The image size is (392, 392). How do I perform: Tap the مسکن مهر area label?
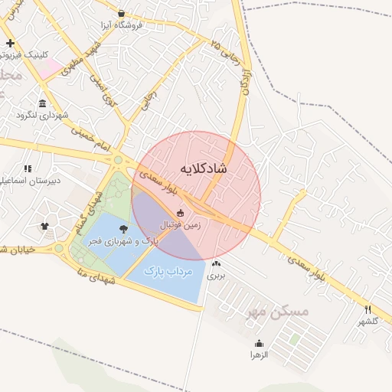276,312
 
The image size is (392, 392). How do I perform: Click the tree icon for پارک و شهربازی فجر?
123,227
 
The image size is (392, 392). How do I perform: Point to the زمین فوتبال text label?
180,226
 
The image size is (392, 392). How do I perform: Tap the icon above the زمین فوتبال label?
181,214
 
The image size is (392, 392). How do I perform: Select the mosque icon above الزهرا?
259,343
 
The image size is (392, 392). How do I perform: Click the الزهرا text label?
259,355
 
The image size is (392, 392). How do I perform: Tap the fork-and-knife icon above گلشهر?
368,309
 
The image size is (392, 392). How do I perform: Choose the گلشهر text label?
368,321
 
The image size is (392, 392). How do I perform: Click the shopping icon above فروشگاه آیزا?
122,13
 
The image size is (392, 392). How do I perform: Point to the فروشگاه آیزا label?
122,25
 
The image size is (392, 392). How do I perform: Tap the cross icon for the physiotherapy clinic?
10,43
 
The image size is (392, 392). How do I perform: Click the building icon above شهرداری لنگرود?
41,103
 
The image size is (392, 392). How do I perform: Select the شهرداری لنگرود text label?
42,116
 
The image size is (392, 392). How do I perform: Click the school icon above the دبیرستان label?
28,168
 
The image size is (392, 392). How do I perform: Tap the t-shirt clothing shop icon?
44,226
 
